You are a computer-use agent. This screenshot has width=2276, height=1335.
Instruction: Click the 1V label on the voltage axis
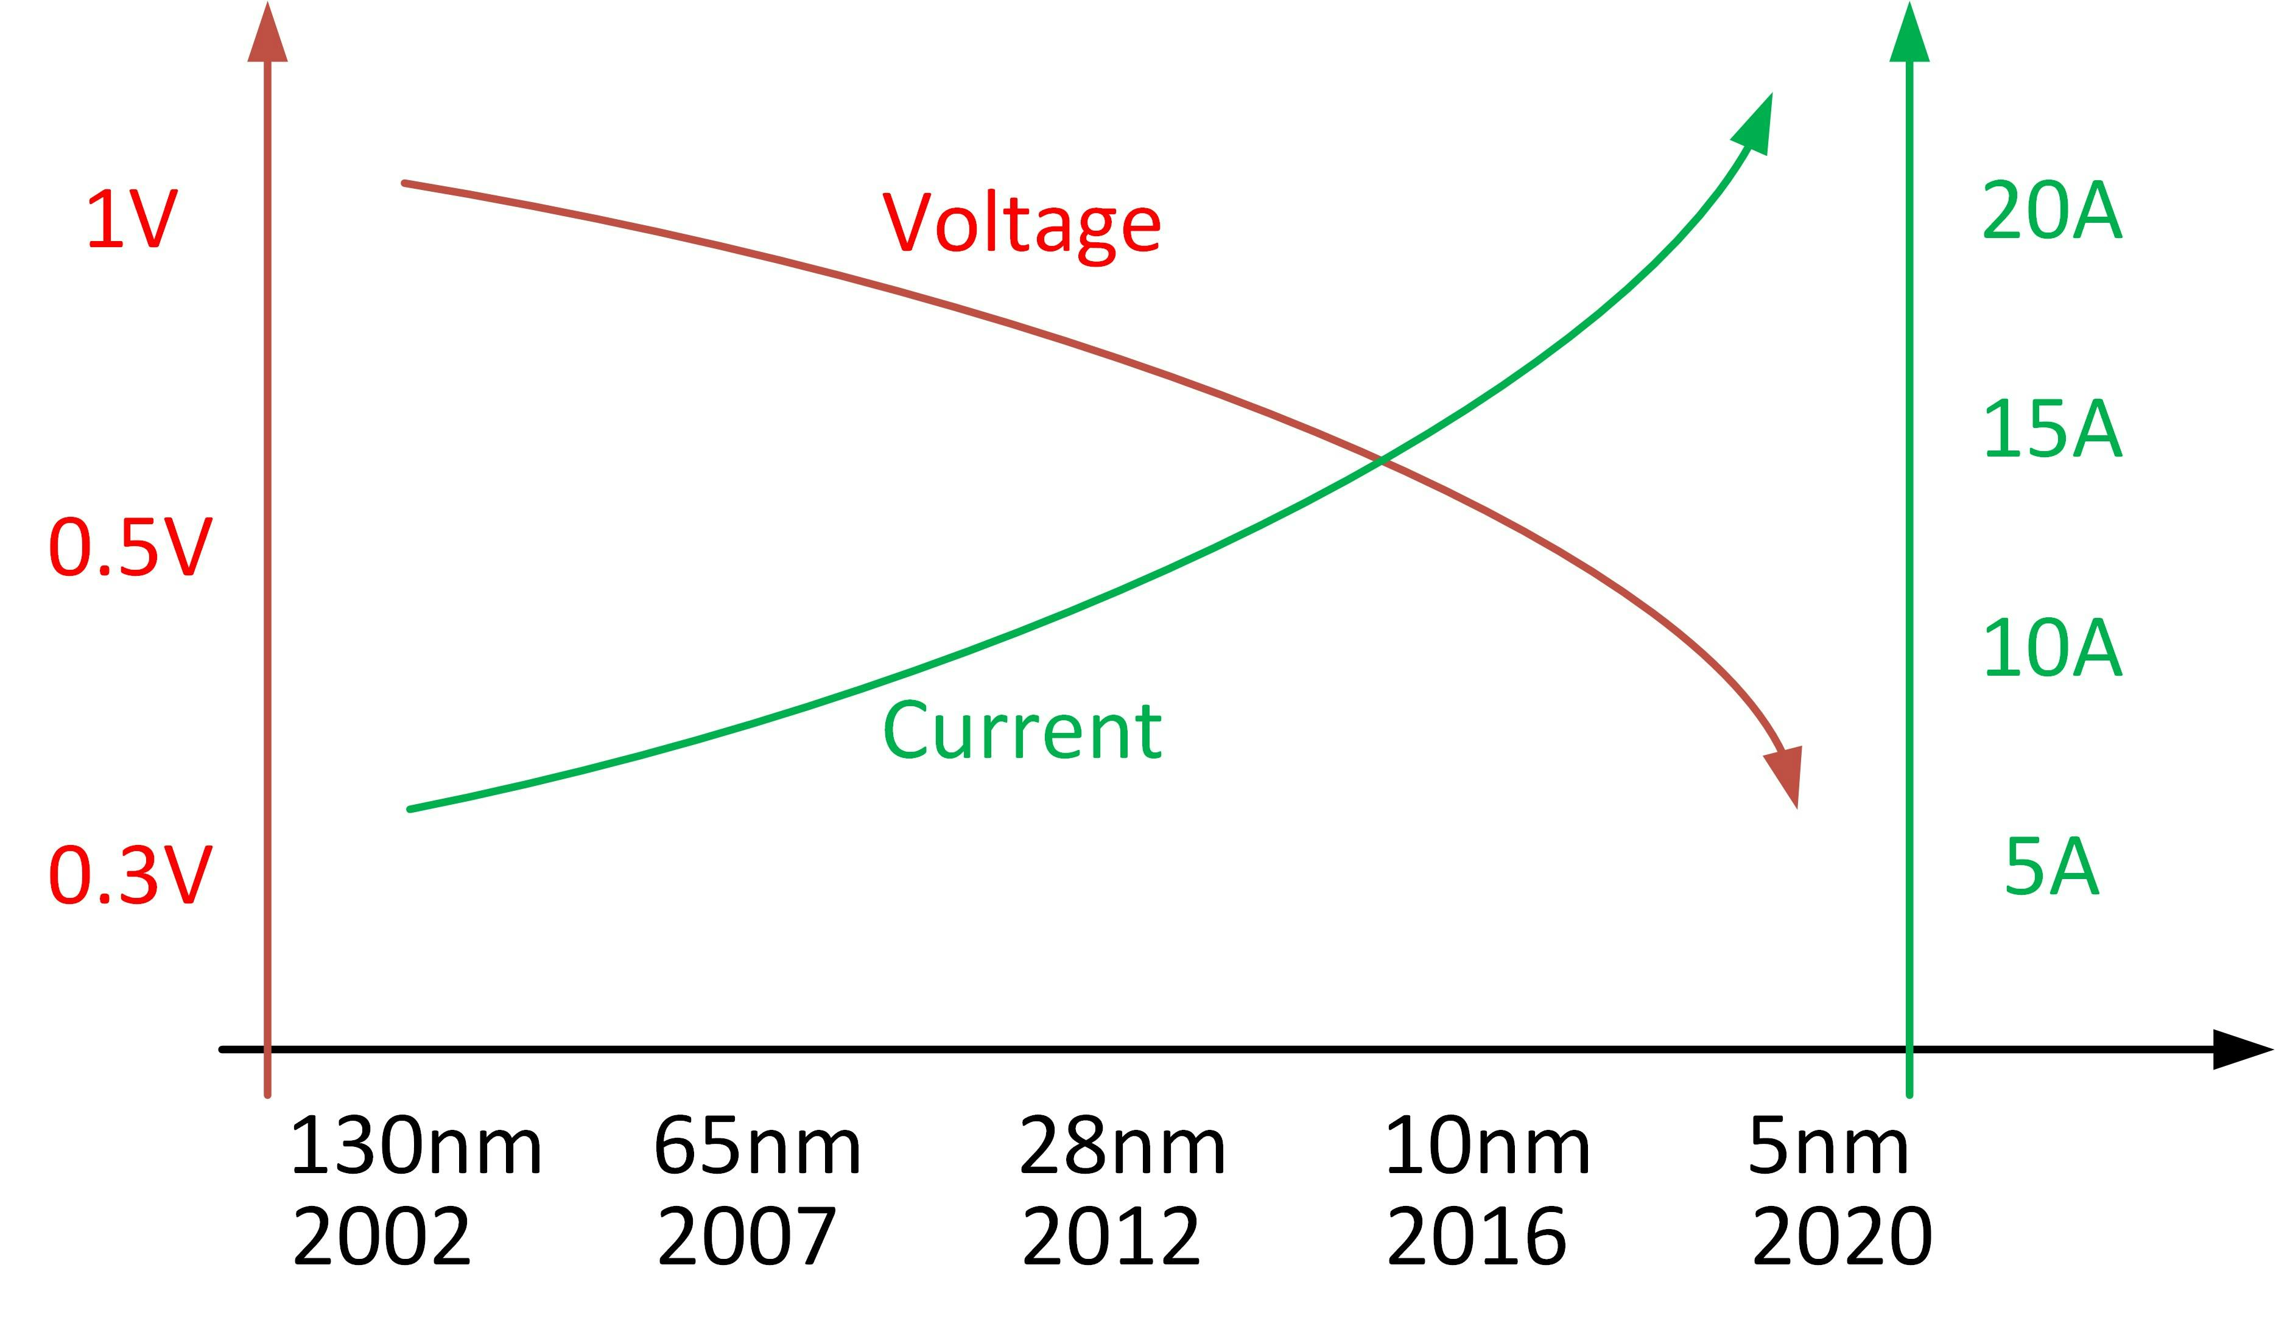132,220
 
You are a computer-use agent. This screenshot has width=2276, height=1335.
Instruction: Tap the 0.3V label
130,875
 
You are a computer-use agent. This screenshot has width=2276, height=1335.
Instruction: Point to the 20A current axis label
2051,211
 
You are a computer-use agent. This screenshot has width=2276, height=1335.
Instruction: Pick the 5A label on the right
2051,867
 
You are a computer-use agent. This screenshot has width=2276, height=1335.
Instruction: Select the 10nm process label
1487,1145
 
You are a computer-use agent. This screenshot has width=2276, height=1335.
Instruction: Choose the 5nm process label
1828,1145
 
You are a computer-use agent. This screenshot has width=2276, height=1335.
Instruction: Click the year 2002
381,1236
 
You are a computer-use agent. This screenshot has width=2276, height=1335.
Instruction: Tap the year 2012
1111,1236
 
